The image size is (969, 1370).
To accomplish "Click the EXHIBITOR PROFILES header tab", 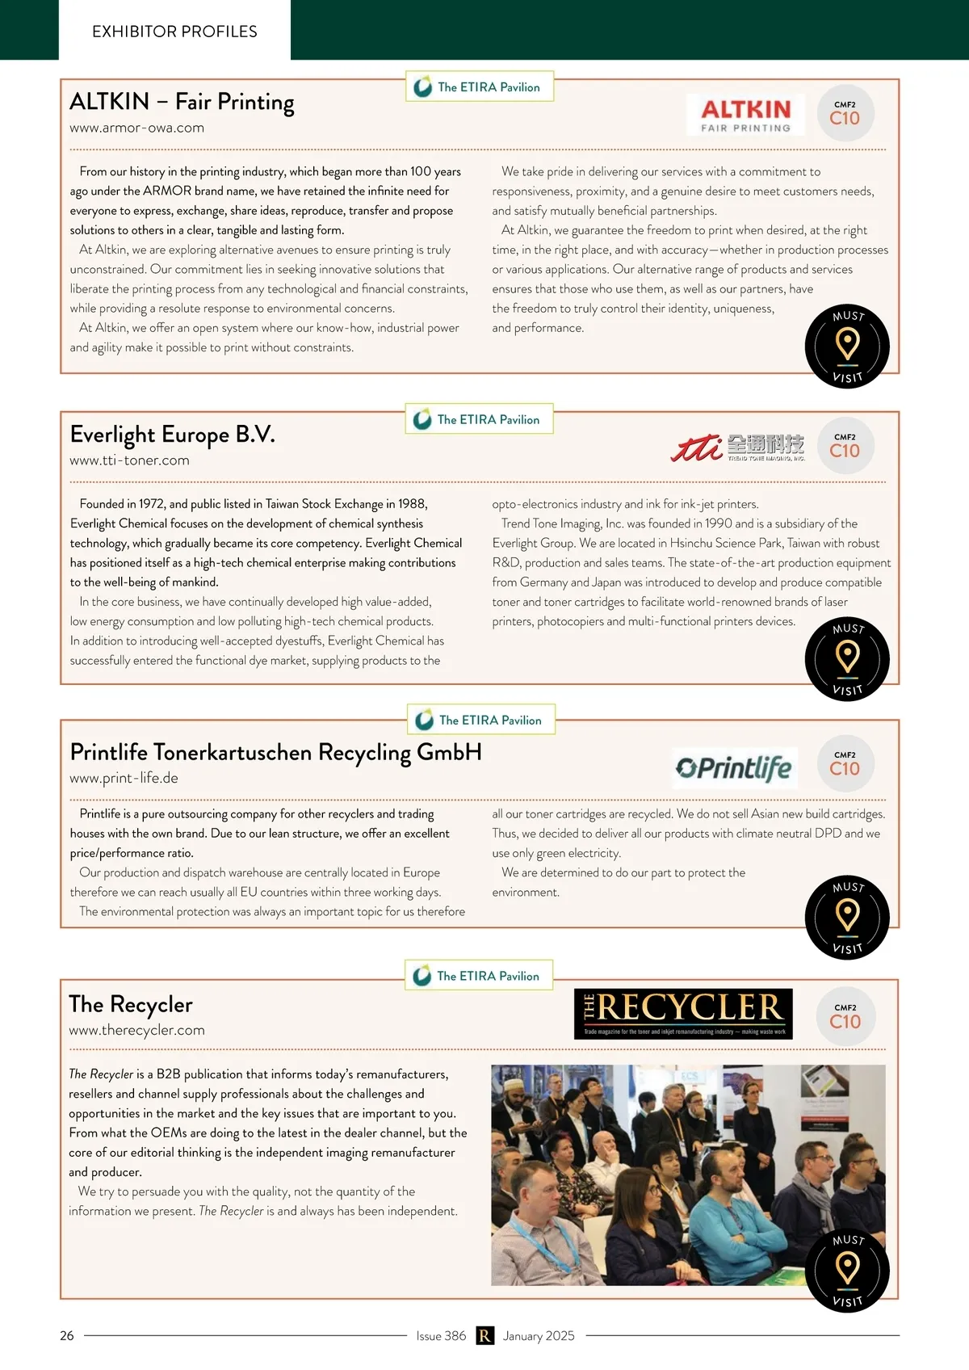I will tap(174, 31).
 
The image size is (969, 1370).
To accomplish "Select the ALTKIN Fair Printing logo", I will tap(745, 115).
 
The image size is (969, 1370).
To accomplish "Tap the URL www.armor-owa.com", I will tap(136, 128).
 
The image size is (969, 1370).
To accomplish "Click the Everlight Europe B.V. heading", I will tap(172, 435).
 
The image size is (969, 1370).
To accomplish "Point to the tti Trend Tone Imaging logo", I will tap(736, 447).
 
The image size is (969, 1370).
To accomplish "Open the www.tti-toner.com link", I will tap(129, 460).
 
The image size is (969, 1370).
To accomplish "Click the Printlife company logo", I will tap(734, 767).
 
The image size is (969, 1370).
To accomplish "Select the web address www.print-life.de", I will tap(124, 778).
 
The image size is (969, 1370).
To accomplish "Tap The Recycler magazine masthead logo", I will tap(683, 1013).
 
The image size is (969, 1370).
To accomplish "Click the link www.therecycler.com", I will tap(136, 1030).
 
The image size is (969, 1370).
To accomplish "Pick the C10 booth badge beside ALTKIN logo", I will tap(845, 114).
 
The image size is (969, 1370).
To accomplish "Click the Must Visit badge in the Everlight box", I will tap(847, 658).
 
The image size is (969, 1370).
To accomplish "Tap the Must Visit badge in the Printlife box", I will tap(847, 917).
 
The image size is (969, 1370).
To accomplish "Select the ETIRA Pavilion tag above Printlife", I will tap(481, 720).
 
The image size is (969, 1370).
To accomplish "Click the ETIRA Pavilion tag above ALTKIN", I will tap(480, 87).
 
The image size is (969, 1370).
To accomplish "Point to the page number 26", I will tap(67, 1335).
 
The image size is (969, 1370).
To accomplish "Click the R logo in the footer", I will tap(484, 1335).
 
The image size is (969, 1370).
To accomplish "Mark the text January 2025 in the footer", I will tap(539, 1335).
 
